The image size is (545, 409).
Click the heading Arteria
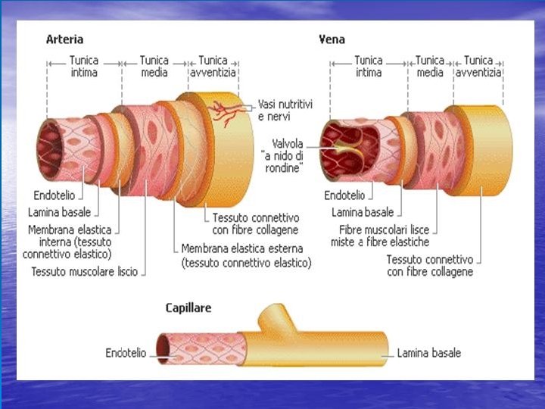tap(64, 39)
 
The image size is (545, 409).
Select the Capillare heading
tap(188, 308)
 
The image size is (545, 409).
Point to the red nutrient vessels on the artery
tap(226, 112)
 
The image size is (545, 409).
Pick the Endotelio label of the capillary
tap(126, 352)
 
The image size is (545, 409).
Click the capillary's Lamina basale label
tap(429, 352)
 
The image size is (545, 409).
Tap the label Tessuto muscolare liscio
tap(85, 271)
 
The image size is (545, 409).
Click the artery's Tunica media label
tap(154, 67)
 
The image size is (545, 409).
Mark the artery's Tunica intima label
tap(83, 67)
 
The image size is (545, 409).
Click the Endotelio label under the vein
tap(344, 195)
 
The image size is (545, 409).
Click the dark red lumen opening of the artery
tap(53, 145)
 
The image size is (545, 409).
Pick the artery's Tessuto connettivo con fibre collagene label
tap(255, 223)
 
